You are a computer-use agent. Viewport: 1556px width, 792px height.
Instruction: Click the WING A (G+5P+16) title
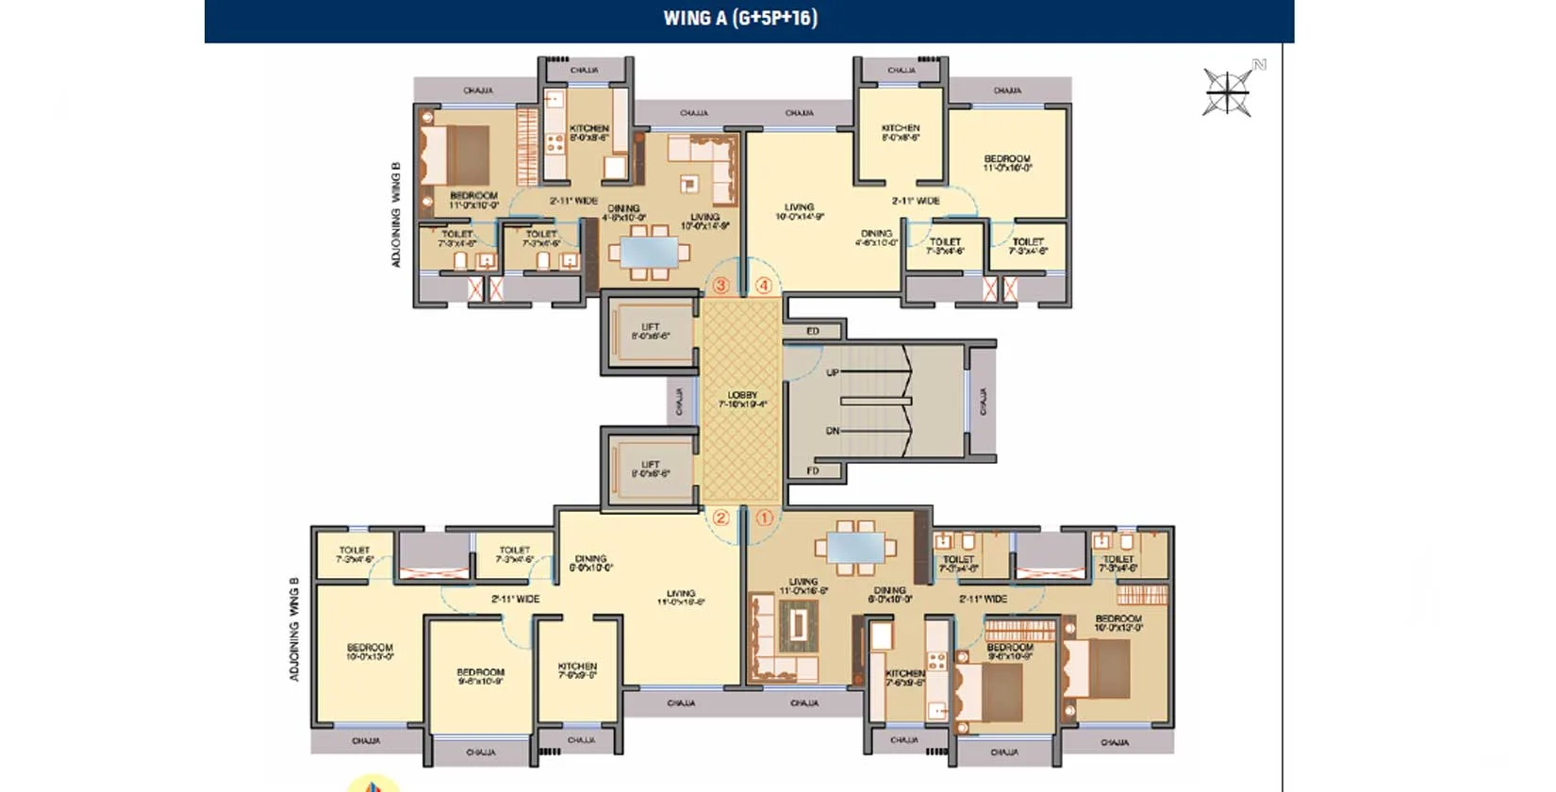coord(740,18)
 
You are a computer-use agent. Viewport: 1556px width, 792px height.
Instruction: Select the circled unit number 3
coord(721,285)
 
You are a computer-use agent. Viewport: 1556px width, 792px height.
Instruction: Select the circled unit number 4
coord(764,285)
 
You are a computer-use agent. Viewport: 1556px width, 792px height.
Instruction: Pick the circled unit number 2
coord(720,518)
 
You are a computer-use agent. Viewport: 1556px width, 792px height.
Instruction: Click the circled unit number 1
coord(764,518)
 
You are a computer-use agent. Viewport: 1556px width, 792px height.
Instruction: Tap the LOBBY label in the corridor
coord(742,399)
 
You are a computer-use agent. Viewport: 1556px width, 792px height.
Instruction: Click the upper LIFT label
coord(651,331)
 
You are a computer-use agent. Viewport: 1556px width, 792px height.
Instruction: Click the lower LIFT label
coord(651,469)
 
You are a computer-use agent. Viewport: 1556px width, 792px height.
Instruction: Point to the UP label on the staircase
coord(833,372)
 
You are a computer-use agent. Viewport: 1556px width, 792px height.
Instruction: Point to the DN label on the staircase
coord(833,431)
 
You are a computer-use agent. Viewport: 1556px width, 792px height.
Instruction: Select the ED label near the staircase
coord(813,331)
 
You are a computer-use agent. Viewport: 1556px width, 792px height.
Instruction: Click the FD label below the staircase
coord(813,470)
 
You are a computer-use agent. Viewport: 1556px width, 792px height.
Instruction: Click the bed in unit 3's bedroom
coord(456,155)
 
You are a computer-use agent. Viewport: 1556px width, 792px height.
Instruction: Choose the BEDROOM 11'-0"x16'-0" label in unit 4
coord(1007,163)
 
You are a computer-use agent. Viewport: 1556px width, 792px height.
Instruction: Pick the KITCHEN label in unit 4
coord(901,132)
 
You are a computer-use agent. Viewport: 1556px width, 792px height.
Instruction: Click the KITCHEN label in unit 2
coord(577,669)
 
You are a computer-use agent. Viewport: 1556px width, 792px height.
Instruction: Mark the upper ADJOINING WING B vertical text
coord(396,214)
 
